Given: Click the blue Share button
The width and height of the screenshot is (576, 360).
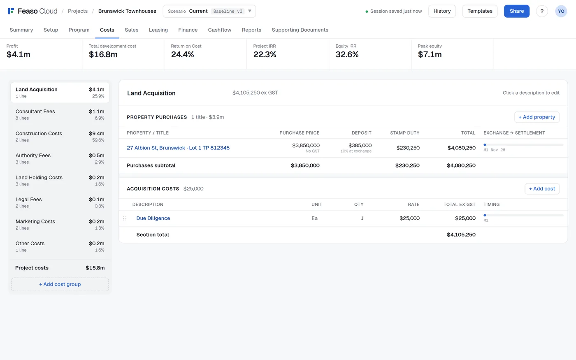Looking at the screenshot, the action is (516, 11).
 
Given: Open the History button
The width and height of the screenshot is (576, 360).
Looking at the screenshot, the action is (442, 11).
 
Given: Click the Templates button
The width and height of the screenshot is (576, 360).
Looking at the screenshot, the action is (480, 11).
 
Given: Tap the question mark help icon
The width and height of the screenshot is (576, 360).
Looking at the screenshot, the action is (542, 12).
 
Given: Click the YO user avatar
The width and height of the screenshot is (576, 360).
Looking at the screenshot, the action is (561, 12).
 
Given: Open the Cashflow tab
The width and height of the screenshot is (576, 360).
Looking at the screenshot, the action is (220, 30).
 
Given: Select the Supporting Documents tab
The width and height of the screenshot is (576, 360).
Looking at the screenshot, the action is (300, 30).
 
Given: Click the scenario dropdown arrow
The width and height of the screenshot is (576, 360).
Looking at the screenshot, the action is (250, 11).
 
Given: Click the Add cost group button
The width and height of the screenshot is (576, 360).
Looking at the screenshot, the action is (60, 284).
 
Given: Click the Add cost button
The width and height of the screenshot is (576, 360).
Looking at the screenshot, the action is (542, 188).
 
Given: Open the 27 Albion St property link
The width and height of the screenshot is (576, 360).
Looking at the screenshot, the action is (178, 148).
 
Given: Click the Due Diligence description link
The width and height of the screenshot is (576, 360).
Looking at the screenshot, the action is (153, 218).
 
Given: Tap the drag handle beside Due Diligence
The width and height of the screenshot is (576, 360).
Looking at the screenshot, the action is (124, 218).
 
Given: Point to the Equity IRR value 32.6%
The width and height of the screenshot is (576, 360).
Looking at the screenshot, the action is (347, 54).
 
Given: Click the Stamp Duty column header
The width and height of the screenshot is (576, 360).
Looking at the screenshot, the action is (405, 133).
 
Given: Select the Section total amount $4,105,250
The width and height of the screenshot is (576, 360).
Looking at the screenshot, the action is (461, 235).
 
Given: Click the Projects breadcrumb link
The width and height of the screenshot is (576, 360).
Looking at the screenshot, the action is (78, 11).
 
